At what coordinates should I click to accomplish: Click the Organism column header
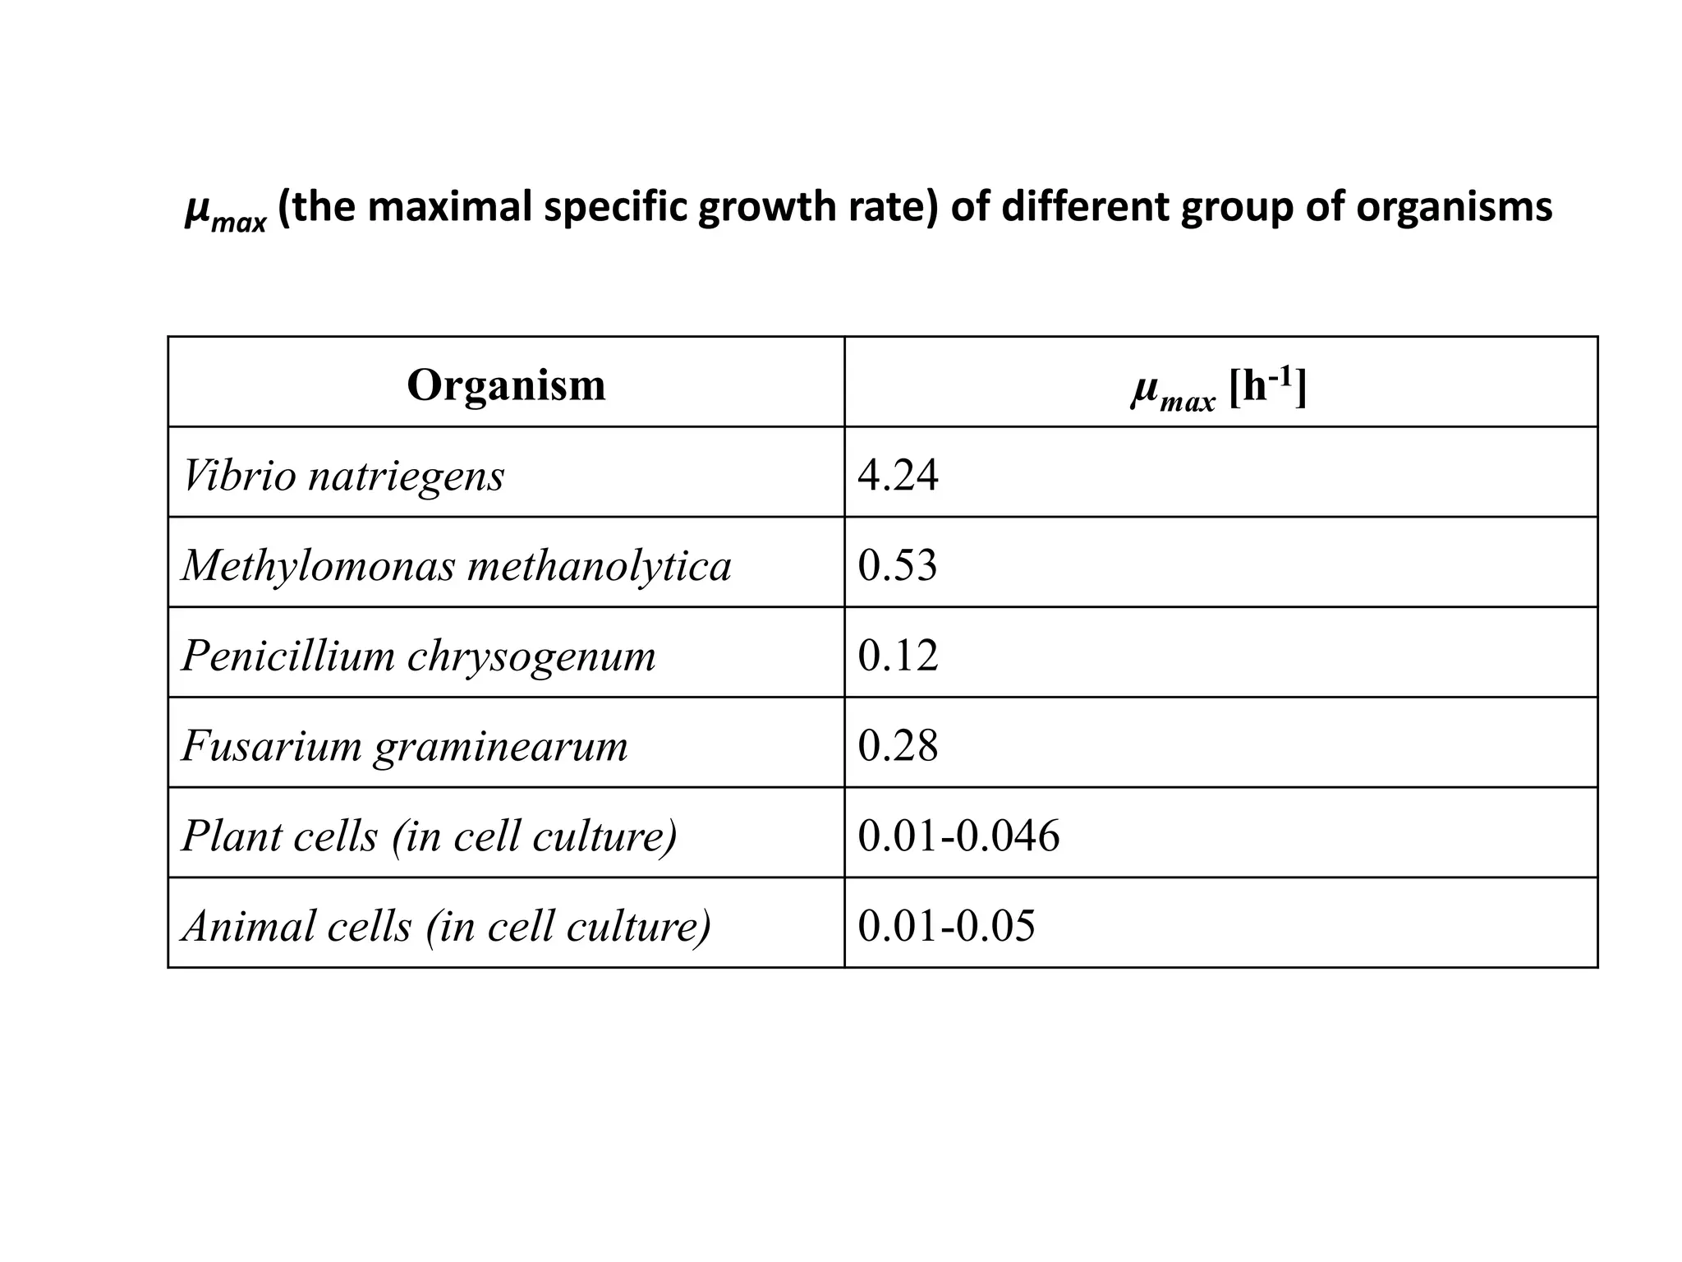[506, 385]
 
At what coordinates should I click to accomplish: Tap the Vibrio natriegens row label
[342, 476]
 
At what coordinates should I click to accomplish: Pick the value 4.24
[898, 475]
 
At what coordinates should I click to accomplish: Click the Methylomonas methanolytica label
[456, 566]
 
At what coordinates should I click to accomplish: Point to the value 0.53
[897, 565]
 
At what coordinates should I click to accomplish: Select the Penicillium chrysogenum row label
[418, 656]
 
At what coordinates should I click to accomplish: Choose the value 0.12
[898, 656]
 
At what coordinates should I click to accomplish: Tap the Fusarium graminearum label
[404, 746]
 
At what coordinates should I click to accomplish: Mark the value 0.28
[898, 746]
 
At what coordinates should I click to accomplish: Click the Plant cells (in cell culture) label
[429, 836]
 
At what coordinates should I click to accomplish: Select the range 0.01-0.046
[958, 836]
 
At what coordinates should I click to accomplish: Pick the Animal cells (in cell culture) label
[446, 927]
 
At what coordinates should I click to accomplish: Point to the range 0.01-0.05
[946, 927]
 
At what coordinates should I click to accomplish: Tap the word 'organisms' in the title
[1454, 207]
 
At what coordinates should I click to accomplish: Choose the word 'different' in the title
[1086, 207]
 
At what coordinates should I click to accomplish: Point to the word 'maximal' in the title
[451, 207]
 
